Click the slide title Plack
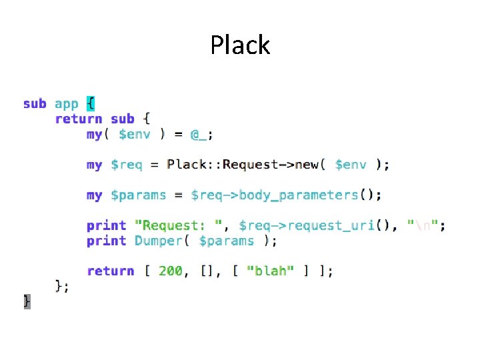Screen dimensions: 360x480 pyautogui.click(x=240, y=45)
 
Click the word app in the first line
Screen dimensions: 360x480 pyautogui.click(x=66, y=104)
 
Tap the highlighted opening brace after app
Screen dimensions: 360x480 pyautogui.click(x=91, y=104)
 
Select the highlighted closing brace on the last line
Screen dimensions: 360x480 pyautogui.click(x=27, y=301)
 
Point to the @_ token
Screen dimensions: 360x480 pyautogui.click(x=199, y=134)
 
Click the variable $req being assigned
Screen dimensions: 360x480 pyautogui.click(x=126, y=165)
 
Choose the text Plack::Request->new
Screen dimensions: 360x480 pyautogui.click(x=246, y=165)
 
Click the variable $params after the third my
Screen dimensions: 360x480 pyautogui.click(x=138, y=195)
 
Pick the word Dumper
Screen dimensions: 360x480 pyautogui.click(x=158, y=241)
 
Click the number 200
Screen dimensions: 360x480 pyautogui.click(x=170, y=271)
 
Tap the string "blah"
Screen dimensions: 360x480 pyautogui.click(x=270, y=271)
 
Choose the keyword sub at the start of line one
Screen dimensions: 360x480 pyautogui.click(x=35, y=104)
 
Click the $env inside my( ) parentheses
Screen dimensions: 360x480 pyautogui.click(x=134, y=134)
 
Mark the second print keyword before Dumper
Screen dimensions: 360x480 pyautogui.click(x=106, y=241)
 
